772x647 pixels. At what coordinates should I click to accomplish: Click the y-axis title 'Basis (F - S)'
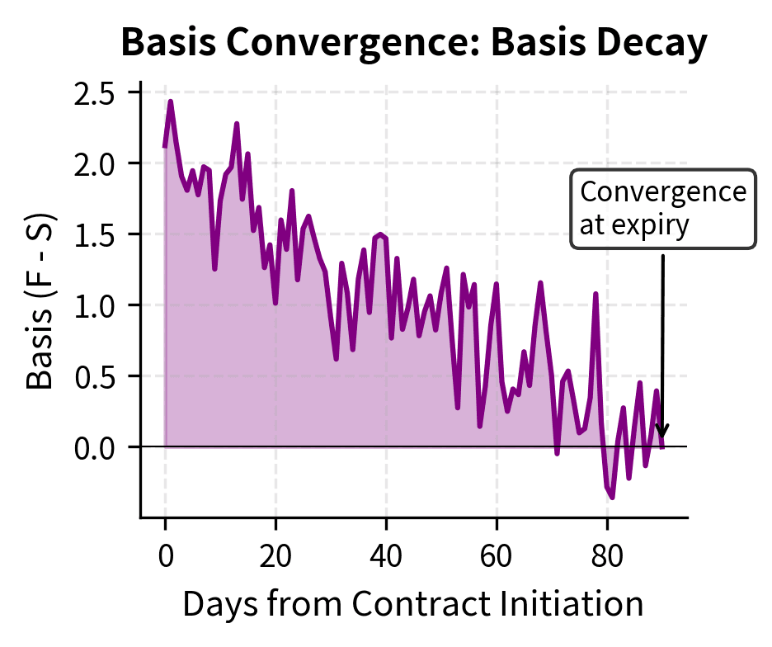coord(40,305)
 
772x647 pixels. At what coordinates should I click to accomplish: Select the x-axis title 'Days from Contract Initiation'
coord(413,604)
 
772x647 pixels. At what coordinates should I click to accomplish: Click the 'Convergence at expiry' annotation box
coord(662,209)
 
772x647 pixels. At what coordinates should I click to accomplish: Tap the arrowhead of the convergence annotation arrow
coord(661,435)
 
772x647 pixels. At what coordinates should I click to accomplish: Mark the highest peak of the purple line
coord(171,102)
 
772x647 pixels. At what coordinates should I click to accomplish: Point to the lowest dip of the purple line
coord(612,497)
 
